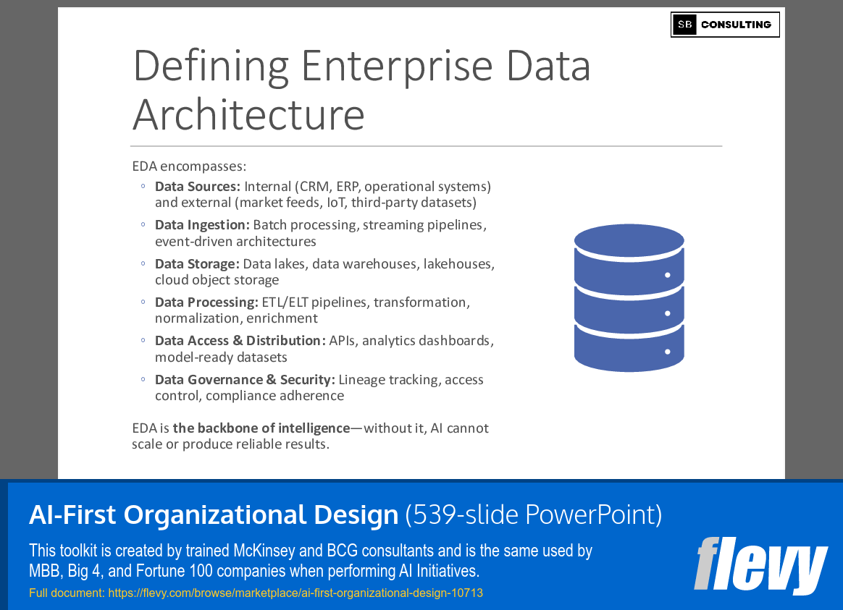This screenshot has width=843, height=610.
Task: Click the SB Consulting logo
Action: point(725,25)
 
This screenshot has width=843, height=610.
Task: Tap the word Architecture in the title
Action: point(248,114)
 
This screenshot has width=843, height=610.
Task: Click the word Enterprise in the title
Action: point(397,66)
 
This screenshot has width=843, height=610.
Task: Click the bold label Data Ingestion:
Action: point(202,225)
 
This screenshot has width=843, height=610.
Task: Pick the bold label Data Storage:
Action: point(196,264)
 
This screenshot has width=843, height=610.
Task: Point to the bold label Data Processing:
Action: point(206,302)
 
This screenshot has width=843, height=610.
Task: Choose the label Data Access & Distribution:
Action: point(240,341)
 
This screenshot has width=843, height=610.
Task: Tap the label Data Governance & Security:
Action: point(245,380)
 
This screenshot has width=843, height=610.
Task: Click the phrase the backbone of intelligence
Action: point(261,428)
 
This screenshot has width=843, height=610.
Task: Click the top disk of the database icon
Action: point(629,242)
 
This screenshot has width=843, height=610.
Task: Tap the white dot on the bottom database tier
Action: point(667,352)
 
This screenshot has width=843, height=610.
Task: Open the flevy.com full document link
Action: point(295,593)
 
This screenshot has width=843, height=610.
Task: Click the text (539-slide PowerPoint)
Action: point(534,514)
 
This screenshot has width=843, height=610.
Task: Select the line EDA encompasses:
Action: point(189,166)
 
